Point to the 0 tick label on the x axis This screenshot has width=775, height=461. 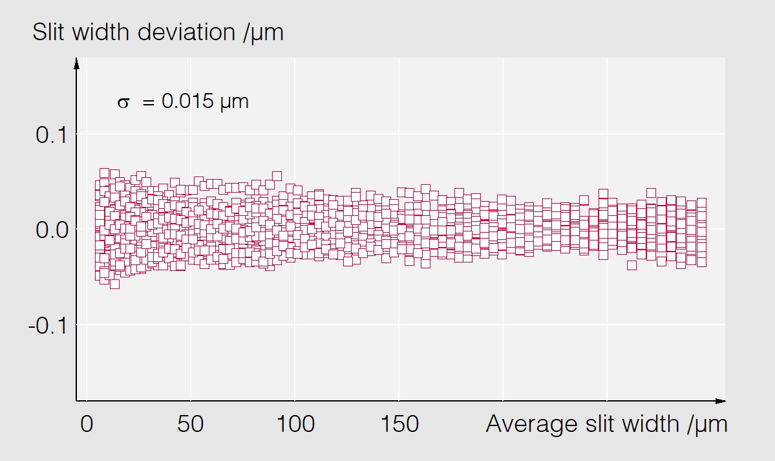tap(86, 425)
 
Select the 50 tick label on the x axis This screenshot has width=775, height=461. tap(190, 425)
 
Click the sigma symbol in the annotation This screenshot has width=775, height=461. tap(123, 102)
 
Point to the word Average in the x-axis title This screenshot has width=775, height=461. tap(524, 425)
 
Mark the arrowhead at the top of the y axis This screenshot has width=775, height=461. tap(77, 63)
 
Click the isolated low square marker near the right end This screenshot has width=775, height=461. tap(632, 264)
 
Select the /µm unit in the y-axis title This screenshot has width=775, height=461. tap(264, 32)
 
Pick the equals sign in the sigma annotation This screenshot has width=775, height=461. tap(148, 102)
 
